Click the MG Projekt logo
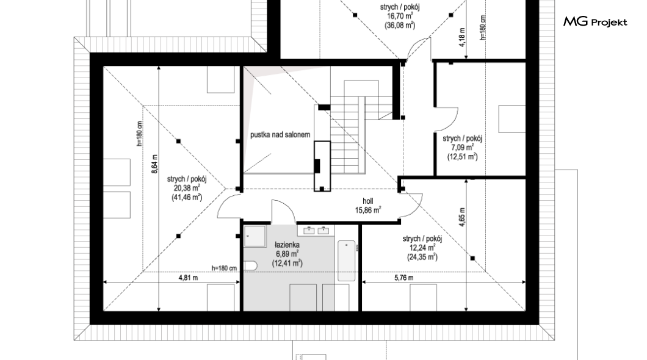pyautogui.click(x=595, y=22)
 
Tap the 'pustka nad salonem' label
pyautogui.click(x=280, y=135)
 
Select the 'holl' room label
pyautogui.click(x=367, y=201)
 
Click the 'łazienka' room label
pyautogui.click(x=287, y=245)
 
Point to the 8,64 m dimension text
pyautogui.click(x=154, y=164)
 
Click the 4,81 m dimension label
pyautogui.click(x=188, y=278)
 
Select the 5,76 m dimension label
pyautogui.click(x=403, y=278)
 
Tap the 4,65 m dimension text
pyautogui.click(x=462, y=217)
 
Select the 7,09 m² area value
pyautogui.click(x=462, y=148)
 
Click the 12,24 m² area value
pyautogui.click(x=422, y=248)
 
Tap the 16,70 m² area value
pyautogui.click(x=400, y=16)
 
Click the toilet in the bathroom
pyautogui.click(x=250, y=265)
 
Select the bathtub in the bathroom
pyautogui.click(x=346, y=261)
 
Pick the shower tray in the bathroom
pyautogui.click(x=255, y=236)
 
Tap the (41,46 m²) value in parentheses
pyautogui.click(x=187, y=198)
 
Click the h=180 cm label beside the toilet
pyautogui.click(x=224, y=268)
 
